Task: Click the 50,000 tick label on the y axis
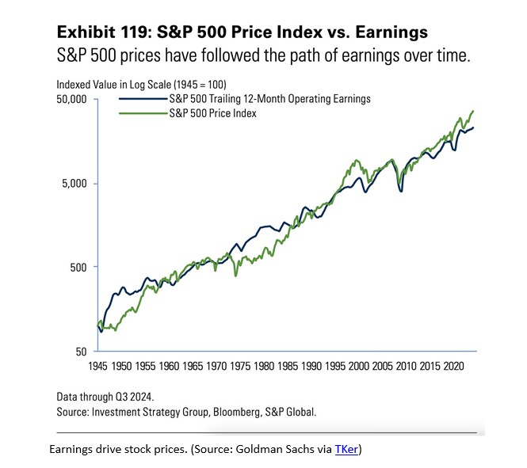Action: point(71,100)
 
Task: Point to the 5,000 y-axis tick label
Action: point(74,184)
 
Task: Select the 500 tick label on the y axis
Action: point(78,267)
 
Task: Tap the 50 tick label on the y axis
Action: point(81,351)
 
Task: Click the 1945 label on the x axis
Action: point(97,367)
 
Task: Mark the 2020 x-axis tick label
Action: point(453,367)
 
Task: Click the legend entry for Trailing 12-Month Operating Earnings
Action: point(269,99)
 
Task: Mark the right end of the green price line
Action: point(474,111)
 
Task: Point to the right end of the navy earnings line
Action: point(474,128)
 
